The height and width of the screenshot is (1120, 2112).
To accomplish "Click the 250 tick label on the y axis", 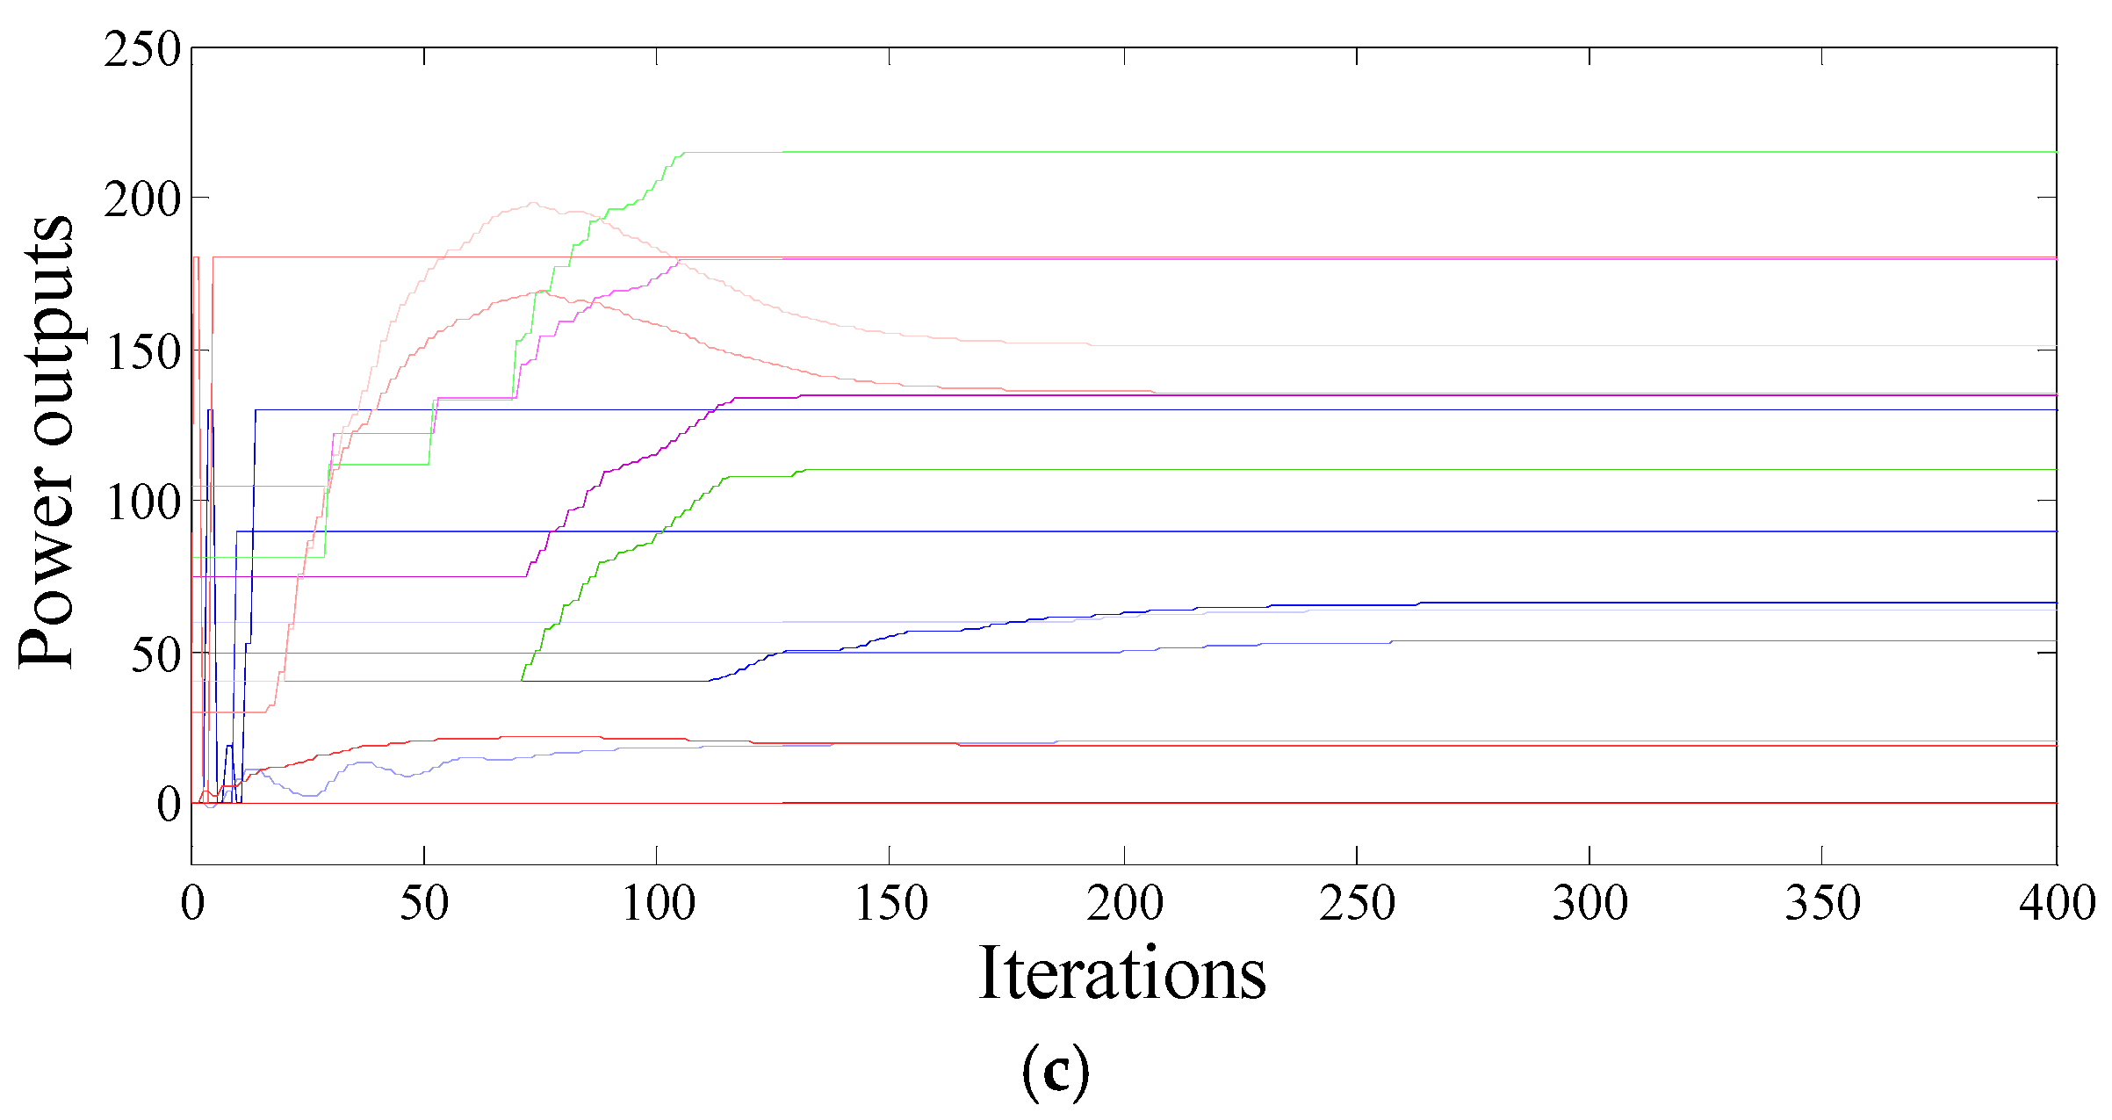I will click(x=142, y=49).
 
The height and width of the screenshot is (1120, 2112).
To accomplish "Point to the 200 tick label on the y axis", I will click(x=142, y=200).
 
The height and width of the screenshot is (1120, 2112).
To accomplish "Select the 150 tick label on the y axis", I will click(x=142, y=352).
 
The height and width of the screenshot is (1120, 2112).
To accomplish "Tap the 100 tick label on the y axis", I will click(x=142, y=503).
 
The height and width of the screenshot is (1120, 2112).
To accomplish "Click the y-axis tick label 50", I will click(x=155, y=654).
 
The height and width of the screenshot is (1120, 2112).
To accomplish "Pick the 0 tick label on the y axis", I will click(x=169, y=805).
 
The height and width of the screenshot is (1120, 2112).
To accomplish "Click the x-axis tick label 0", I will click(x=192, y=903).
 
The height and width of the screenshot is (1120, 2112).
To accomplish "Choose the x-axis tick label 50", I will click(x=424, y=903).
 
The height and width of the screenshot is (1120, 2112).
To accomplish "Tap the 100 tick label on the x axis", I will click(x=658, y=903).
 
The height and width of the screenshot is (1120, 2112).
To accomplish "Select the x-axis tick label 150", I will click(x=890, y=903).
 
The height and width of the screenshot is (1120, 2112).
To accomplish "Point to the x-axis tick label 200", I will click(x=1124, y=903).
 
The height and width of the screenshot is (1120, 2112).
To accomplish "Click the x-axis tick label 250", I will click(x=1357, y=903).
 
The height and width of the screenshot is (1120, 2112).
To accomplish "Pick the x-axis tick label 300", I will click(x=1589, y=903).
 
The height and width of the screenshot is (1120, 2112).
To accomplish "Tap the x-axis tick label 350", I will click(x=1822, y=903).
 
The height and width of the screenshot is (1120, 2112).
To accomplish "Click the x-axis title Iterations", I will click(x=1122, y=973).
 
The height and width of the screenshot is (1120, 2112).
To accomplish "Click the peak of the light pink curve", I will click(x=532, y=203).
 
